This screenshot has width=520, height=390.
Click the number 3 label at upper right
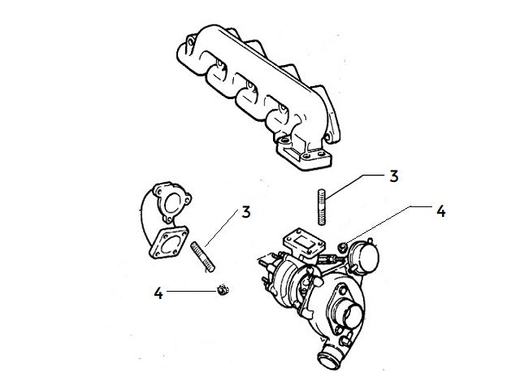[x=393, y=176]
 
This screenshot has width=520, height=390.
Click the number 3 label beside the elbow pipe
[x=245, y=214]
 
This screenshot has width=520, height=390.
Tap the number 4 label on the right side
[x=440, y=211]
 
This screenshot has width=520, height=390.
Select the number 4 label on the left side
[x=158, y=291]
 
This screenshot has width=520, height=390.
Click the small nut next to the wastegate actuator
[x=344, y=245]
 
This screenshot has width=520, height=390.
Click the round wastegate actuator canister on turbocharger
[x=363, y=254]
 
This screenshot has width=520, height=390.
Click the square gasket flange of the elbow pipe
[x=169, y=245]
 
